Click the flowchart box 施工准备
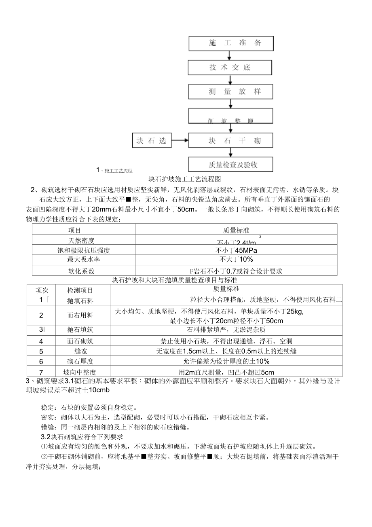(230, 43)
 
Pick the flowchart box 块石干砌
(230, 141)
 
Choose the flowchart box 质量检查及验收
(230, 165)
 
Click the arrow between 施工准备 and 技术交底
(230, 55)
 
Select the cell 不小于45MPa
(236, 250)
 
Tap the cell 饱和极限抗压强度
(84, 250)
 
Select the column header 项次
(42, 290)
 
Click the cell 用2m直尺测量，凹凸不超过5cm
(226, 372)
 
